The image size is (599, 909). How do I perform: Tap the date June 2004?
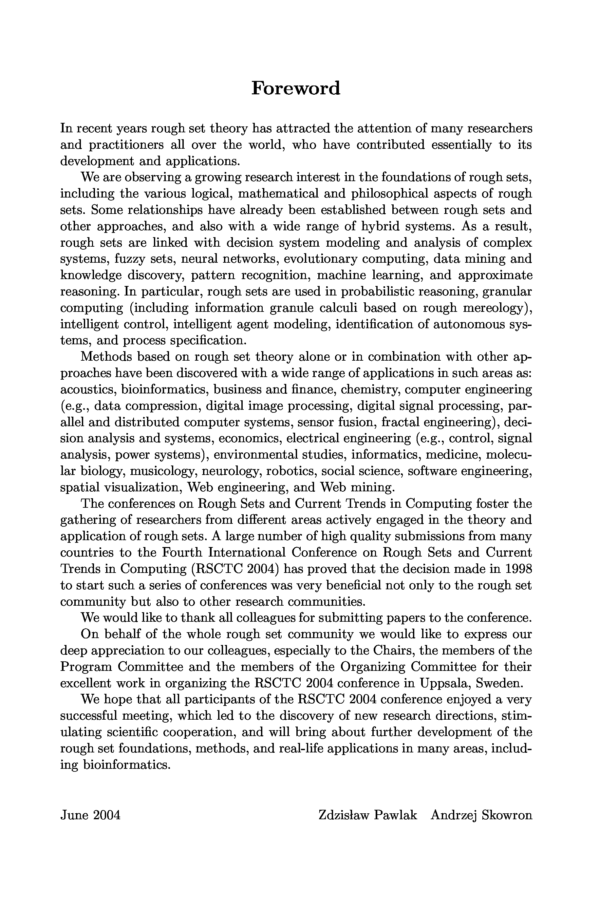tap(90, 815)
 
